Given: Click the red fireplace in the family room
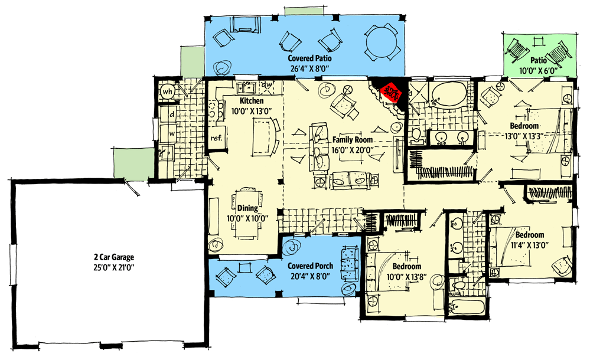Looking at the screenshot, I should (390, 91).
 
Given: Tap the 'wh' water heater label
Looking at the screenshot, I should (167, 91).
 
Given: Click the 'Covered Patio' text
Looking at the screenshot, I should (309, 59).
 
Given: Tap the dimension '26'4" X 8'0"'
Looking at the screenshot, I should (309, 68).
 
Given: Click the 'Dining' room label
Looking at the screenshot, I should (247, 208).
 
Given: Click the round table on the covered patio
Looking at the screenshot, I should (382, 43).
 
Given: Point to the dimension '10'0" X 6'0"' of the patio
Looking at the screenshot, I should (539, 71).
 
